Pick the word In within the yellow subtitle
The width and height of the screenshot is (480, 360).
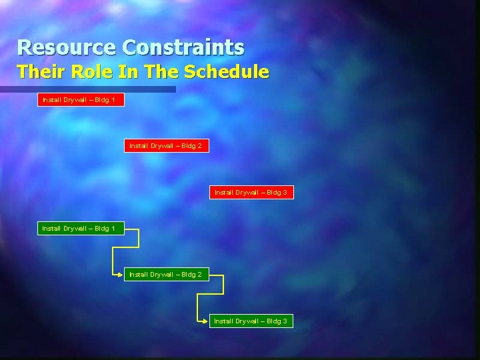click(x=131, y=71)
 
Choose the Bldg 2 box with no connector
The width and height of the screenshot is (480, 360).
click(x=166, y=145)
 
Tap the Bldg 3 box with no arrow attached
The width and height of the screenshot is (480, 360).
click(x=251, y=192)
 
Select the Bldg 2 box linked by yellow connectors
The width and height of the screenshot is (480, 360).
click(x=166, y=274)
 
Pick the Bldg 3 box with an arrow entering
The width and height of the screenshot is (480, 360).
click(x=251, y=321)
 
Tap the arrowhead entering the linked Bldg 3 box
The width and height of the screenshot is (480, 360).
click(x=207, y=321)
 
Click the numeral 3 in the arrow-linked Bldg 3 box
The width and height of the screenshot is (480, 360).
click(x=285, y=321)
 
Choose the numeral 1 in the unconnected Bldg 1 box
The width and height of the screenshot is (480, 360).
click(x=113, y=99)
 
